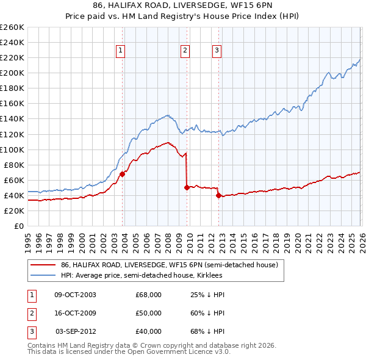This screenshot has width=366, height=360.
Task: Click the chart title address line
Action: tap(183, 5)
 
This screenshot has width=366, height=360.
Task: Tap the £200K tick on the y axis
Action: tap(12, 73)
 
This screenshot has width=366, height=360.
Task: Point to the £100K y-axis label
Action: tap(12, 149)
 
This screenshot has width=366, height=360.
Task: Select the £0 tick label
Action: tap(19, 226)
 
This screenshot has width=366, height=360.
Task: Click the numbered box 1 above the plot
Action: tap(121, 51)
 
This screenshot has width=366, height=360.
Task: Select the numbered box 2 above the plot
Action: tap(184, 51)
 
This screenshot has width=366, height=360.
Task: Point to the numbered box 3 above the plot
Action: tap(217, 51)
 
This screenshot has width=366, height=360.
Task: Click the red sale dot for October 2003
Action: tap(122, 174)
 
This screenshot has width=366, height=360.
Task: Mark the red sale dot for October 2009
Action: tap(187, 188)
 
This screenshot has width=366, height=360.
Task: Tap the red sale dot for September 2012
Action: tap(218, 195)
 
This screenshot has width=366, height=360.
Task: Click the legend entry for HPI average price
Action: tap(154, 275)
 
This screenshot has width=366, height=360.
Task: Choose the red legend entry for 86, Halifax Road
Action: tap(169, 265)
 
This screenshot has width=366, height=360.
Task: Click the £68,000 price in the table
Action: tap(148, 295)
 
